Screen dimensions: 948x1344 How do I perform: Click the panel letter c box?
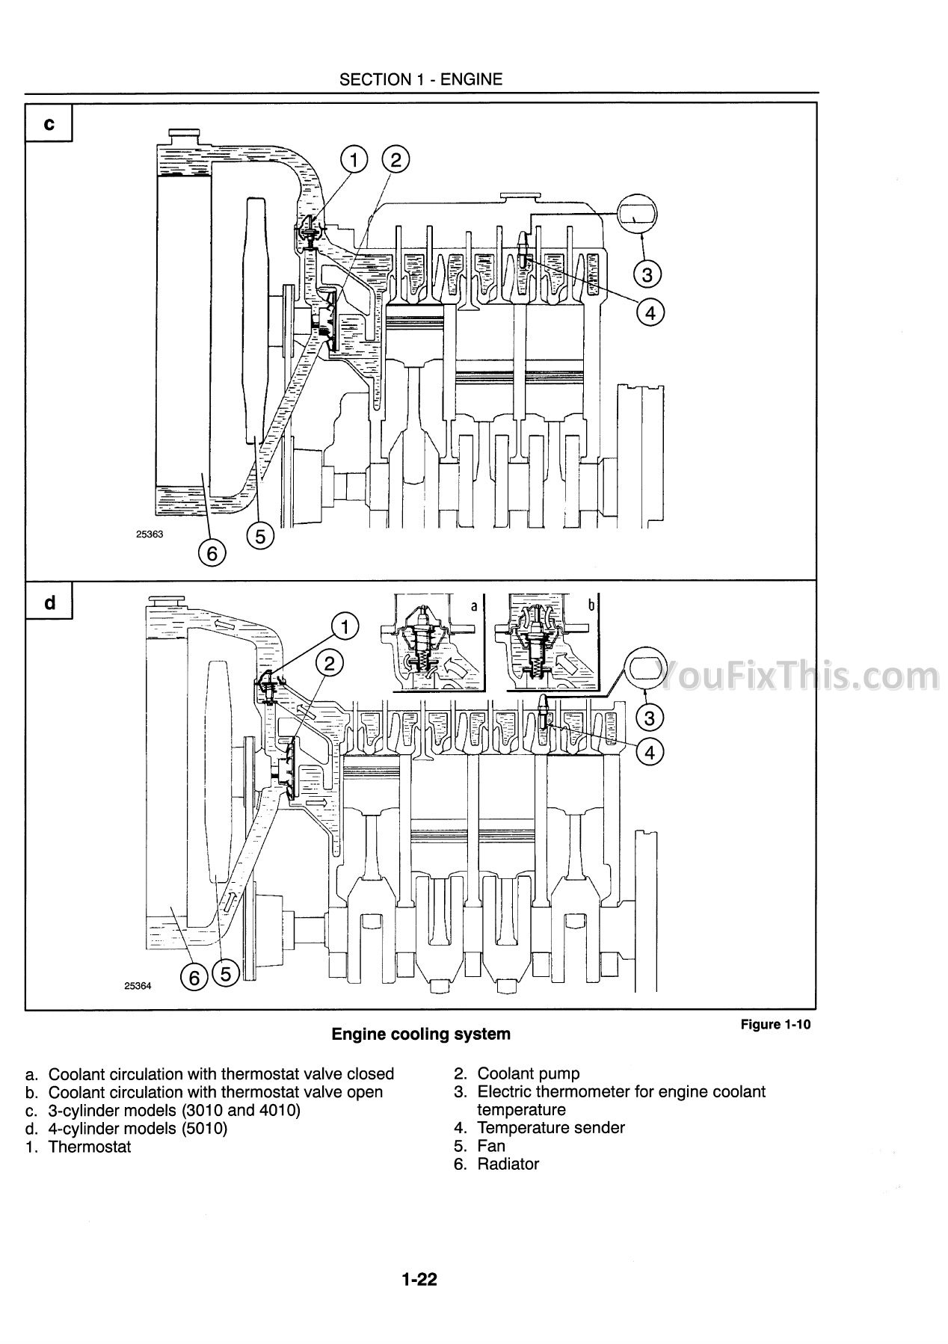49,123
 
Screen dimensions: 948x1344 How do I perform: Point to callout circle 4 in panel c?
650,312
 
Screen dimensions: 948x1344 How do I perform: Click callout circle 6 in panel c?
212,553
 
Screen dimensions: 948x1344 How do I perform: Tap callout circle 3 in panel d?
649,718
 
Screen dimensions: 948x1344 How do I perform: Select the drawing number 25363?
150,534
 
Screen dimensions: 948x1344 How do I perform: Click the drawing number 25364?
138,986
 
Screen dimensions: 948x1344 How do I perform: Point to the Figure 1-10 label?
775,1024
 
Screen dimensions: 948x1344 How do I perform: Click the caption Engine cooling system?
421,1035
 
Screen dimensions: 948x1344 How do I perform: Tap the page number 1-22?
419,1280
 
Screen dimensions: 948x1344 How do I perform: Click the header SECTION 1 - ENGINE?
421,79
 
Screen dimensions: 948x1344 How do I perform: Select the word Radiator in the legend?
508,1164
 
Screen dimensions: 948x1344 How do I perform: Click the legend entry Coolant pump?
529,1074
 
